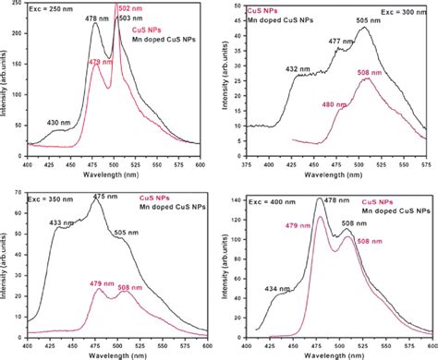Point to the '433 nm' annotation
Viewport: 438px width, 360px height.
click(x=51, y=222)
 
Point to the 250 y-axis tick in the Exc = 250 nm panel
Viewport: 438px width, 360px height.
click(x=18, y=9)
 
